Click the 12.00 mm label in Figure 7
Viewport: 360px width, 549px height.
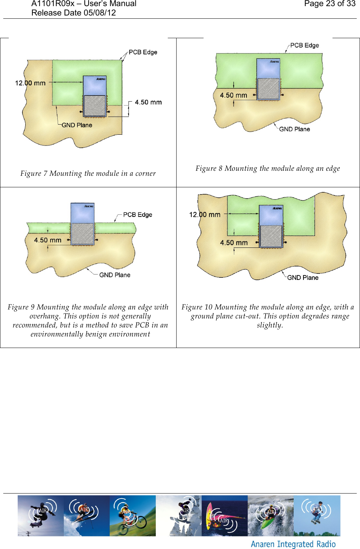30,83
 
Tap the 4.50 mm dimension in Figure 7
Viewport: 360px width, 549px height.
148,102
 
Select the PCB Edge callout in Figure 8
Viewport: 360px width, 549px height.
305,45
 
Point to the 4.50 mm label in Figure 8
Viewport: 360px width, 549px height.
234,95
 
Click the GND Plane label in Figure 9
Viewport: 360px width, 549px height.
115,275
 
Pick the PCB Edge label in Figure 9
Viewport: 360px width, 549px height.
137,215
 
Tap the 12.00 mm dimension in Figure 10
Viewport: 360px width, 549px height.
205,215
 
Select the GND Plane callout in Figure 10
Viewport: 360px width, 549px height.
303,278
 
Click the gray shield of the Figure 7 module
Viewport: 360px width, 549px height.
94,106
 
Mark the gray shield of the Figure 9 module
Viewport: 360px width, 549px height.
83,234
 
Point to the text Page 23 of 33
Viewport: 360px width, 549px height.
329,4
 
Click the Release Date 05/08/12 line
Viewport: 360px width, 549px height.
74,13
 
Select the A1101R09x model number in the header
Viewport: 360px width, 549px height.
53,4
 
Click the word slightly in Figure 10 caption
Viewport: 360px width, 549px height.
270,325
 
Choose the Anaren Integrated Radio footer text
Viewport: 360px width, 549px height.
293,544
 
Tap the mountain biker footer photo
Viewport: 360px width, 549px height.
132,516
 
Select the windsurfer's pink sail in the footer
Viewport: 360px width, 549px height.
209,515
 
